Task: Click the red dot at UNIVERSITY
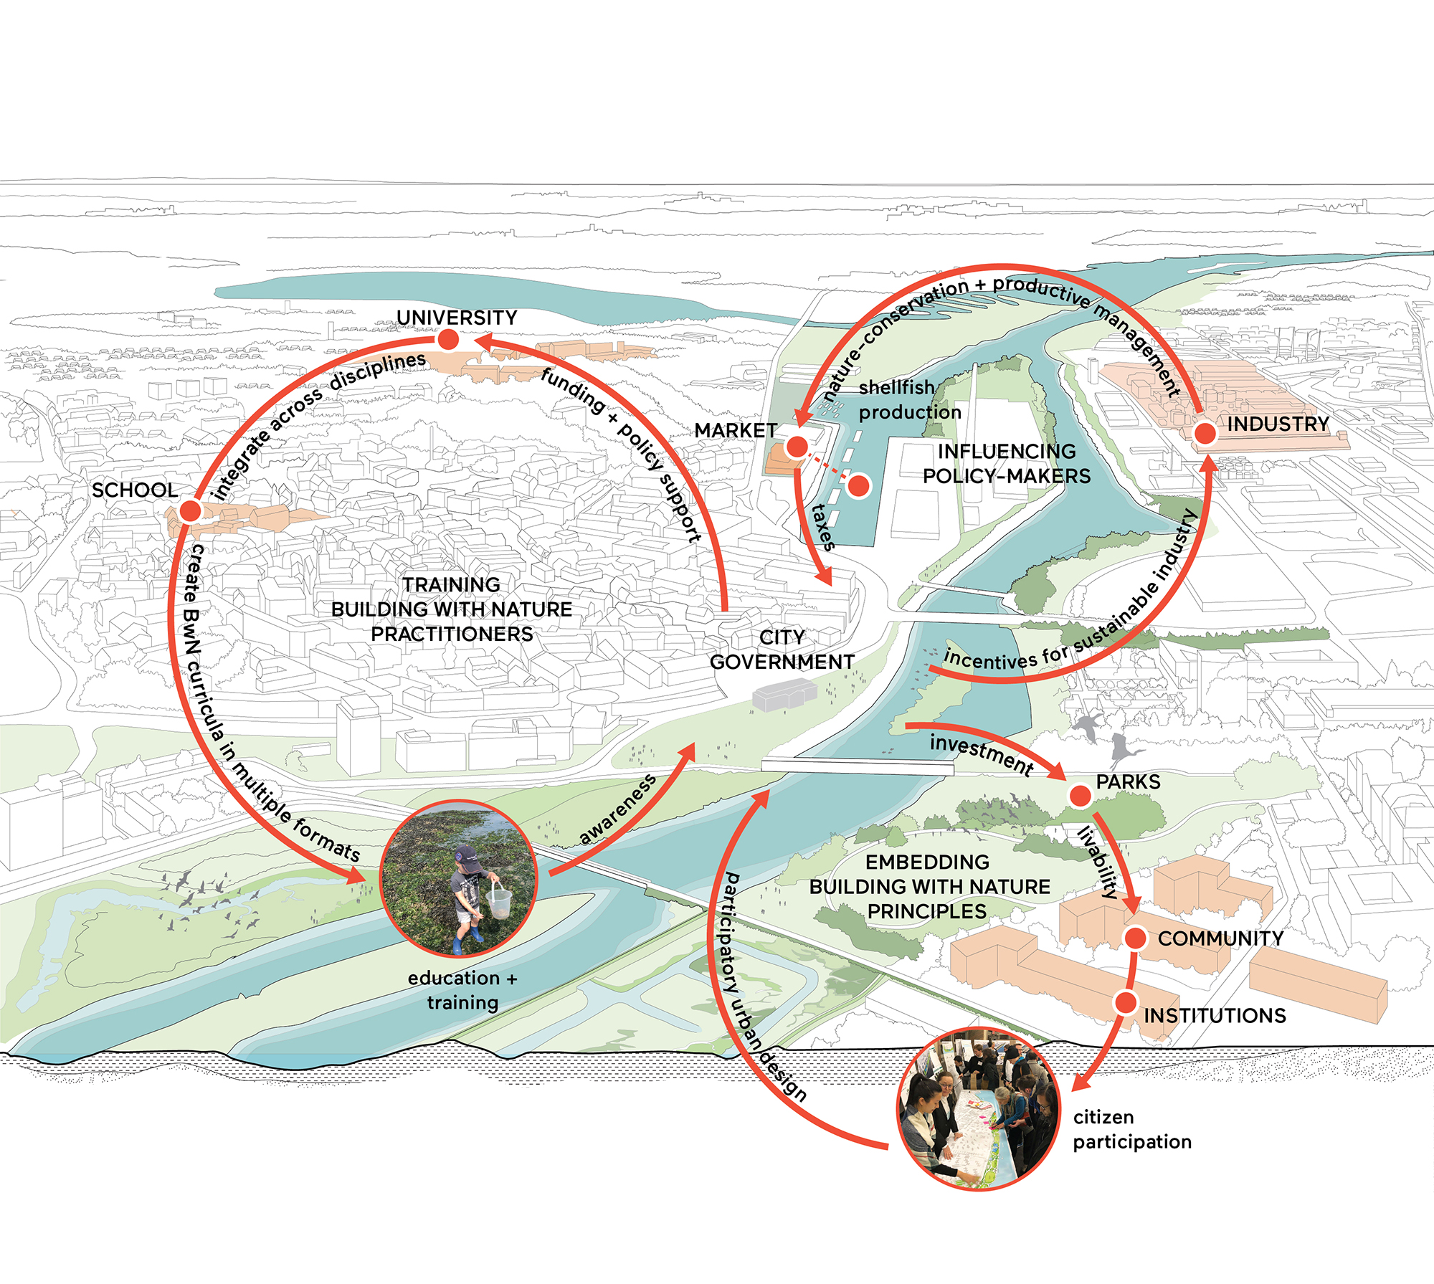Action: pyautogui.click(x=448, y=339)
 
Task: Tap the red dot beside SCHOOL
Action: pyautogui.click(x=190, y=511)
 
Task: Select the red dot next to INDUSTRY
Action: pyautogui.click(x=1205, y=433)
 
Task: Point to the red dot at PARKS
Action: pyautogui.click(x=1080, y=795)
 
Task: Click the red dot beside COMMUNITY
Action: pyautogui.click(x=1135, y=938)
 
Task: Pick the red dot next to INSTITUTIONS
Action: pyautogui.click(x=1126, y=1002)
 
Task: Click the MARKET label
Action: pyautogui.click(x=736, y=430)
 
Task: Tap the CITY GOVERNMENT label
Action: pyautogui.click(x=782, y=650)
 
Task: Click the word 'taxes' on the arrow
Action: pyautogui.click(x=822, y=527)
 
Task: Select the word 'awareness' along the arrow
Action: pyautogui.click(x=617, y=809)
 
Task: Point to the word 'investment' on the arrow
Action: pyautogui.click(x=982, y=754)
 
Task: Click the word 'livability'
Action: pyautogui.click(x=1098, y=863)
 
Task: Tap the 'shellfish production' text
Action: pyautogui.click(x=910, y=400)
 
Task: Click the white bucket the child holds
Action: pyautogui.click(x=499, y=900)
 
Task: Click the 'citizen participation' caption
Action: pyautogui.click(x=1132, y=1129)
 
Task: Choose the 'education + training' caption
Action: pyautogui.click(x=462, y=990)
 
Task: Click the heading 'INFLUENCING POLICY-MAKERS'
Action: pyautogui.click(x=1007, y=464)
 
